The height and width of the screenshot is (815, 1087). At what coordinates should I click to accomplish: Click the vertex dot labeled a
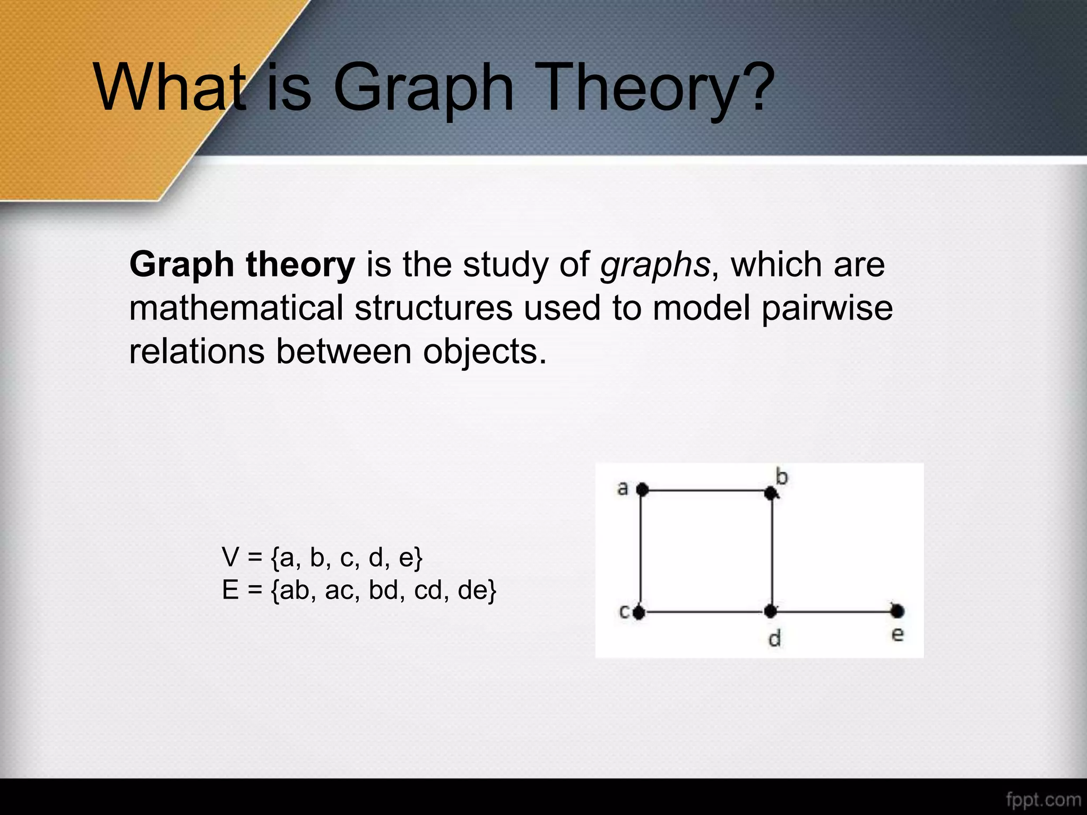pos(642,489)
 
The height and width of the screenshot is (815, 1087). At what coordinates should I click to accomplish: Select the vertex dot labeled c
pos(639,613)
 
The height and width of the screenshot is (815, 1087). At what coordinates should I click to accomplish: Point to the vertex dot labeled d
pos(771,612)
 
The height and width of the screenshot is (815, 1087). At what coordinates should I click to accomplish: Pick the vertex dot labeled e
pos(897,612)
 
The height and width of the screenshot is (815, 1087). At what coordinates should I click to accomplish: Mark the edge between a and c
pos(641,552)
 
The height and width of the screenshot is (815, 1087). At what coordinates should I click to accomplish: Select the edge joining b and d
pos(771,552)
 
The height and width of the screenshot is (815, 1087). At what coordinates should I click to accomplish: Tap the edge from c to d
pos(705,612)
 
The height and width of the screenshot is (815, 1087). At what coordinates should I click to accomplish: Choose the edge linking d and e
pos(833,612)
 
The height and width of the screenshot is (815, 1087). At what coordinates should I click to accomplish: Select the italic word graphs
pos(654,265)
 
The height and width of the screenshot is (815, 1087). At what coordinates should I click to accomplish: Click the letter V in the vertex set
pos(231,557)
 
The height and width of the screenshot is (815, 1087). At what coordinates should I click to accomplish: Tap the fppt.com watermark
pos(1043,799)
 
